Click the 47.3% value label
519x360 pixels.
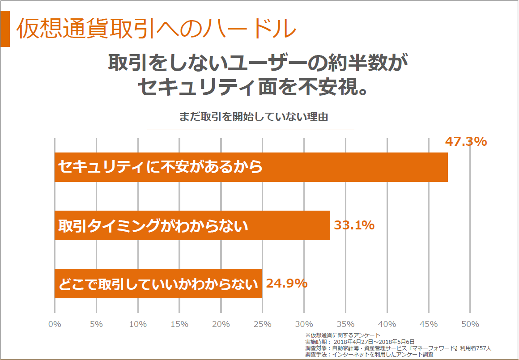click(x=466, y=142)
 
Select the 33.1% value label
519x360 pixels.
click(x=354, y=225)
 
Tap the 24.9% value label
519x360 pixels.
click(x=287, y=283)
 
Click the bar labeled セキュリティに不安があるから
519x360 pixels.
click(x=251, y=167)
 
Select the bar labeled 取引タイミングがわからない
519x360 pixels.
click(x=192, y=225)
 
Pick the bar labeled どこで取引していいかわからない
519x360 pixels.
click(x=158, y=284)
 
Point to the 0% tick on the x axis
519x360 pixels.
click(x=55, y=324)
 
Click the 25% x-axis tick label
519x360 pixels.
click(x=262, y=324)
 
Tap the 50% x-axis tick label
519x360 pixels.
click(x=470, y=324)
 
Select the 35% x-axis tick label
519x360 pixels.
click(x=345, y=324)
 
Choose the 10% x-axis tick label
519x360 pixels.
click(x=138, y=324)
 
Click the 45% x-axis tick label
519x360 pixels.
click(x=428, y=324)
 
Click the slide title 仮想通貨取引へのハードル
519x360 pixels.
click(x=156, y=29)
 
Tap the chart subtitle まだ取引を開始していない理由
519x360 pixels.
click(x=254, y=117)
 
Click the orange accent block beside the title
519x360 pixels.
click(x=5, y=29)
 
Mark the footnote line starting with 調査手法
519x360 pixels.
click(x=369, y=354)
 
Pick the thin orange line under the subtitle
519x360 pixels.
click(x=251, y=130)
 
